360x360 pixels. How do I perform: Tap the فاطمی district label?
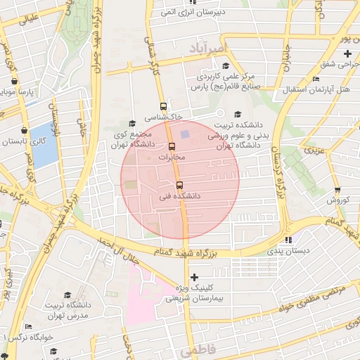tap(195, 349)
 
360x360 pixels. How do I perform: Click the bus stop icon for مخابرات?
tap(172, 146)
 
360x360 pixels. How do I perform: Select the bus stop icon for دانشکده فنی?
tap(180, 186)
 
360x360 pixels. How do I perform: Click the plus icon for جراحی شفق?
tap(347, 54)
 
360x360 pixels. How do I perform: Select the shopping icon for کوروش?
tap(337, 190)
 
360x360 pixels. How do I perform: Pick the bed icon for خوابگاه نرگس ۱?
tap(28, 326)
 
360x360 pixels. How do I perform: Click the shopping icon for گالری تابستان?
tap(25, 130)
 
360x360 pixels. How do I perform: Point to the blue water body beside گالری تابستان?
tap(44, 145)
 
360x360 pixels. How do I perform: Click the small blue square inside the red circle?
tap(186, 133)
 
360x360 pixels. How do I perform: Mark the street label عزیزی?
tap(315, 150)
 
